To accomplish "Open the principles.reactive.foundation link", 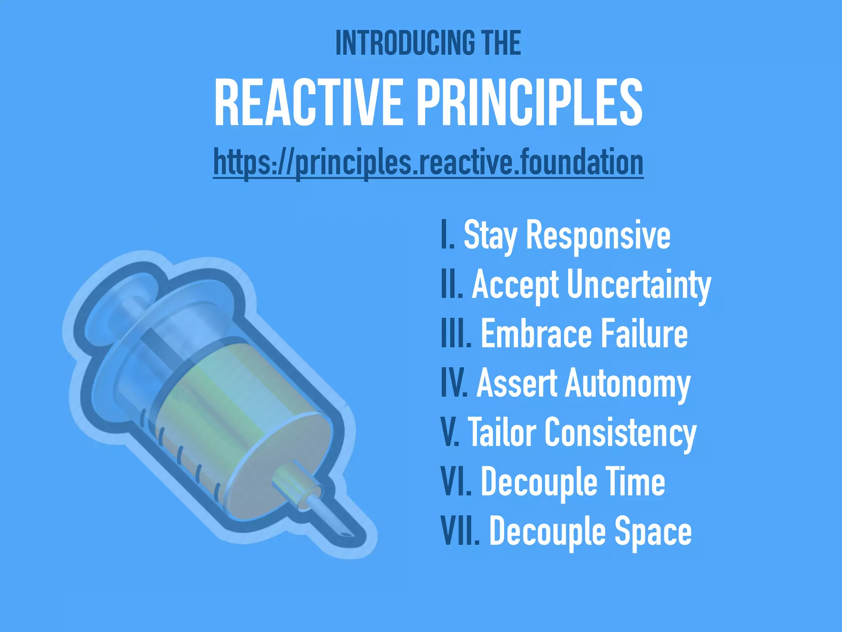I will tap(428, 163).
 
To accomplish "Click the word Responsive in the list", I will tap(598, 235).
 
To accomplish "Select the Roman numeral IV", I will tap(454, 383).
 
